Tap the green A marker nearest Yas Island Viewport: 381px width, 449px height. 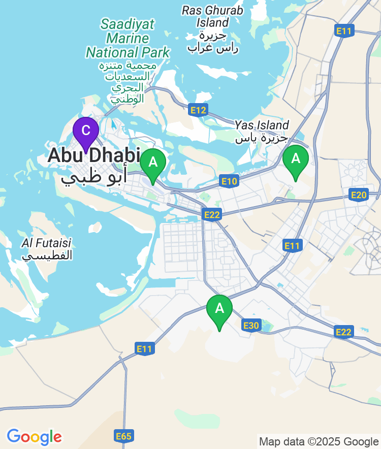(295, 159)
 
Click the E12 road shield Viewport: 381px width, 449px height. (198, 110)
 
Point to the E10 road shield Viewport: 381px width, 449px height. (229, 181)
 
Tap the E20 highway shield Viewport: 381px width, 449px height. (359, 195)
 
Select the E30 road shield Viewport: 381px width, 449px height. (251, 326)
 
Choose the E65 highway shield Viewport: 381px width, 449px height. (123, 436)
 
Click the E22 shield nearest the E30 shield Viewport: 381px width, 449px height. (344, 332)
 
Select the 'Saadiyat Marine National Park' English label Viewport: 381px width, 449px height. (128, 38)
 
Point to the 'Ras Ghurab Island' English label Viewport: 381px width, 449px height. (212, 16)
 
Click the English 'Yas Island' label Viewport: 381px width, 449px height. (262, 125)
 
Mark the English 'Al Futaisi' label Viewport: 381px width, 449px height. (47, 243)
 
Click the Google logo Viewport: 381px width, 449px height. (34, 436)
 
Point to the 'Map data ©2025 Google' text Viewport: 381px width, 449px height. (319, 441)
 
